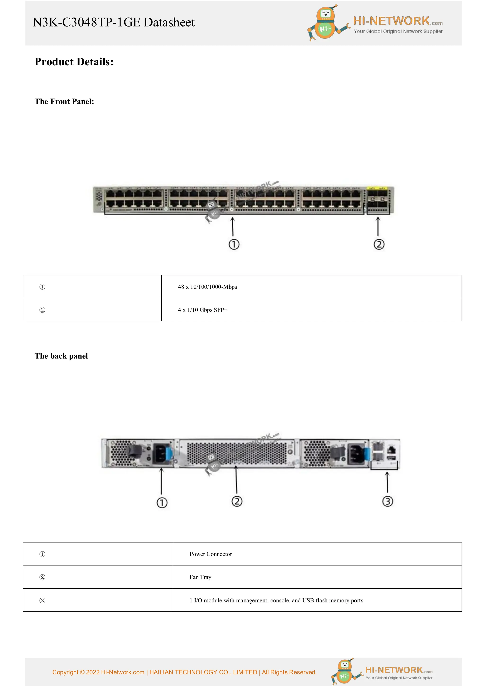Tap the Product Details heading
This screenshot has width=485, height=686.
point(74,62)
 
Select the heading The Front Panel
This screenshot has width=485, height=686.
point(64,102)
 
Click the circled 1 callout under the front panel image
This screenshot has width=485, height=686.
point(234,244)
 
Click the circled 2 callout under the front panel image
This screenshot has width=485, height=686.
point(379,244)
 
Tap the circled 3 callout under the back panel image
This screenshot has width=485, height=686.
point(388,501)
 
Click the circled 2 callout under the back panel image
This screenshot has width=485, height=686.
point(237,501)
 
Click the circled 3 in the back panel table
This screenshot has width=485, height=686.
point(42,600)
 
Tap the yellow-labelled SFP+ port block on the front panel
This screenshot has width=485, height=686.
point(378,199)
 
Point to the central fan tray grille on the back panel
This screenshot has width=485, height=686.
point(236,453)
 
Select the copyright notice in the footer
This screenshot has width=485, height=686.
point(184,672)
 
